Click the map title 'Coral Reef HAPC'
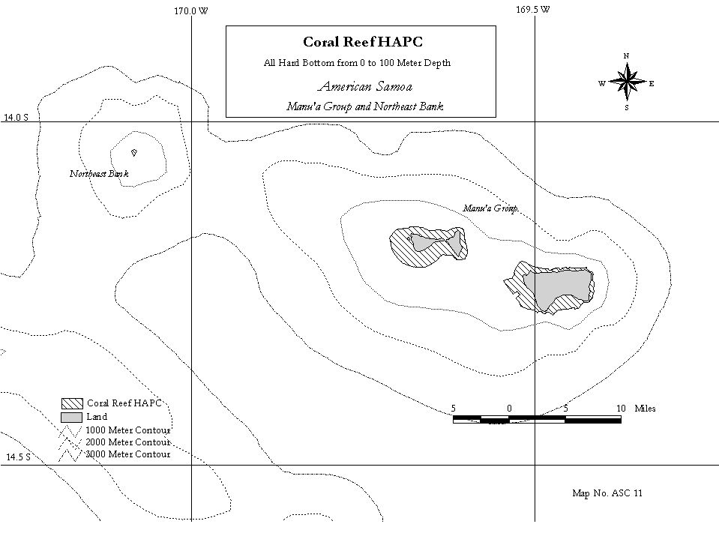tap(363, 42)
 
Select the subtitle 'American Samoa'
tap(365, 86)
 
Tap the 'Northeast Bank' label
tap(99, 174)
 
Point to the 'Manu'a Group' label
tap(490, 208)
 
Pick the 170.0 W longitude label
tap(190, 11)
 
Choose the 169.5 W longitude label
tap(533, 9)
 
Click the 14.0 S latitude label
tap(16, 118)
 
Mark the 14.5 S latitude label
tap(18, 457)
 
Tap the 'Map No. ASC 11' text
tap(607, 493)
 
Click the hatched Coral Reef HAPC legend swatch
tap(72, 403)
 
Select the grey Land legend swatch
tap(72, 417)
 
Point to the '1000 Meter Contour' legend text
tap(128, 430)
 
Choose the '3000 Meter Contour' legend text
tap(128, 454)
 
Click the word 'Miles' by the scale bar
tap(646, 409)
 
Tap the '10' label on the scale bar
tap(621, 409)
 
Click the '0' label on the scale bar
tap(509, 409)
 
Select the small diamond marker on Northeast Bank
tap(134, 153)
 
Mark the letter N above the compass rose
tap(626, 56)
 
